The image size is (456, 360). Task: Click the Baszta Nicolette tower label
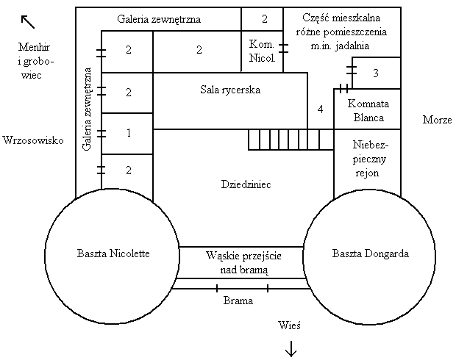click(x=113, y=253)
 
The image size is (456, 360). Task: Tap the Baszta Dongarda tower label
click(x=371, y=253)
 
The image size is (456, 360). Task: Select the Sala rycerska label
click(x=230, y=90)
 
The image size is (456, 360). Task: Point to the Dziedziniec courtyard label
click(x=246, y=184)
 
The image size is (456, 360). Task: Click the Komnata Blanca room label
click(x=368, y=110)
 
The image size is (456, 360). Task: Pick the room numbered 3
click(x=376, y=73)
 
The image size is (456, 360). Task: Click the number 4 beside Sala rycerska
click(x=320, y=109)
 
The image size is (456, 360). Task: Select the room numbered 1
click(x=129, y=133)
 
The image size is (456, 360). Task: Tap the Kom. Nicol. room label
click(x=262, y=51)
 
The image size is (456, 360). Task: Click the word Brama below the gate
click(x=238, y=300)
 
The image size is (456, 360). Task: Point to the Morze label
click(x=438, y=120)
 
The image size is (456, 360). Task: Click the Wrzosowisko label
click(x=33, y=140)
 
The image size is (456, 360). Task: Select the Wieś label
click(x=289, y=325)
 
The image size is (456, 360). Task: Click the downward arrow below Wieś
click(x=291, y=349)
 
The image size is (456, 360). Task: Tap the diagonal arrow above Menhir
click(x=28, y=22)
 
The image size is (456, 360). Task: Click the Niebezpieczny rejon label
click(x=369, y=159)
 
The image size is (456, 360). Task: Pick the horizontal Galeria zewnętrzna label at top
click(x=159, y=19)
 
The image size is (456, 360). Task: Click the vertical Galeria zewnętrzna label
click(x=87, y=109)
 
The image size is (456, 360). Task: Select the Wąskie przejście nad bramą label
click(x=243, y=263)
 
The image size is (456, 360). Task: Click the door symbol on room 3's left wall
click(x=352, y=71)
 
